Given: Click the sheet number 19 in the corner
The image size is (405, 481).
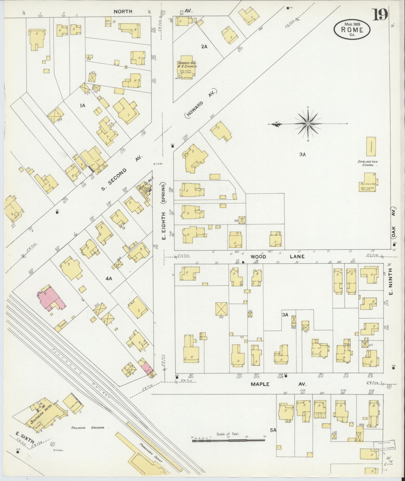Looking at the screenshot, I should (x=380, y=16).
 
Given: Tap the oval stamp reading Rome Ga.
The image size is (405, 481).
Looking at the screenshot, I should (x=352, y=29).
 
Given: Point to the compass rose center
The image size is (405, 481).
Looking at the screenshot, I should (x=308, y=124).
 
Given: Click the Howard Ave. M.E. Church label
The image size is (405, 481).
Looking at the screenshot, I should (x=187, y=64).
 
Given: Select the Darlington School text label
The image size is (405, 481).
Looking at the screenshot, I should (x=368, y=163).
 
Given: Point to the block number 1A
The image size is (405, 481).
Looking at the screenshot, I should (x=82, y=106).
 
